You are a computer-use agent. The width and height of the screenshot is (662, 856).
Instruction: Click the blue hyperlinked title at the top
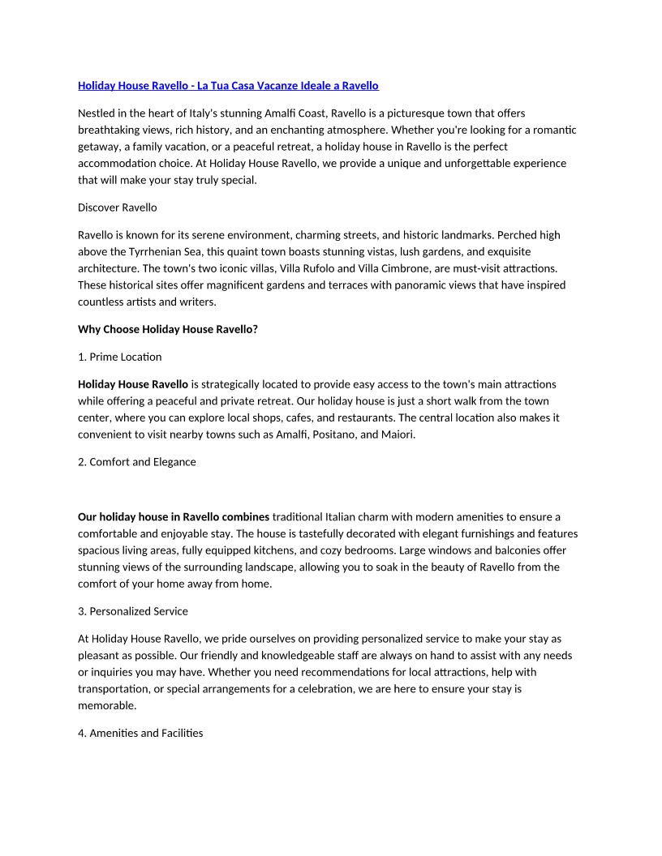228,85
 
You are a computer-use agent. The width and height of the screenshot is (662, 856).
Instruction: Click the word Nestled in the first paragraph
97,113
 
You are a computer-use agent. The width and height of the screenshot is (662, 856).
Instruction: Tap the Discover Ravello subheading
118,208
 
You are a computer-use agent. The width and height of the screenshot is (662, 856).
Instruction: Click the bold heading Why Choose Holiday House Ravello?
168,329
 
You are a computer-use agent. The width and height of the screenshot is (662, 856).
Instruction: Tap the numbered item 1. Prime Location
120,357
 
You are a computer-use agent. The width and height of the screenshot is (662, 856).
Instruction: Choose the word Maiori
398,434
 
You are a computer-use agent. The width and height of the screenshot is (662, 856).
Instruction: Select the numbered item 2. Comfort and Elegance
137,462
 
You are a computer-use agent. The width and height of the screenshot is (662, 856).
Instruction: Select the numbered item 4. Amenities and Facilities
140,733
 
